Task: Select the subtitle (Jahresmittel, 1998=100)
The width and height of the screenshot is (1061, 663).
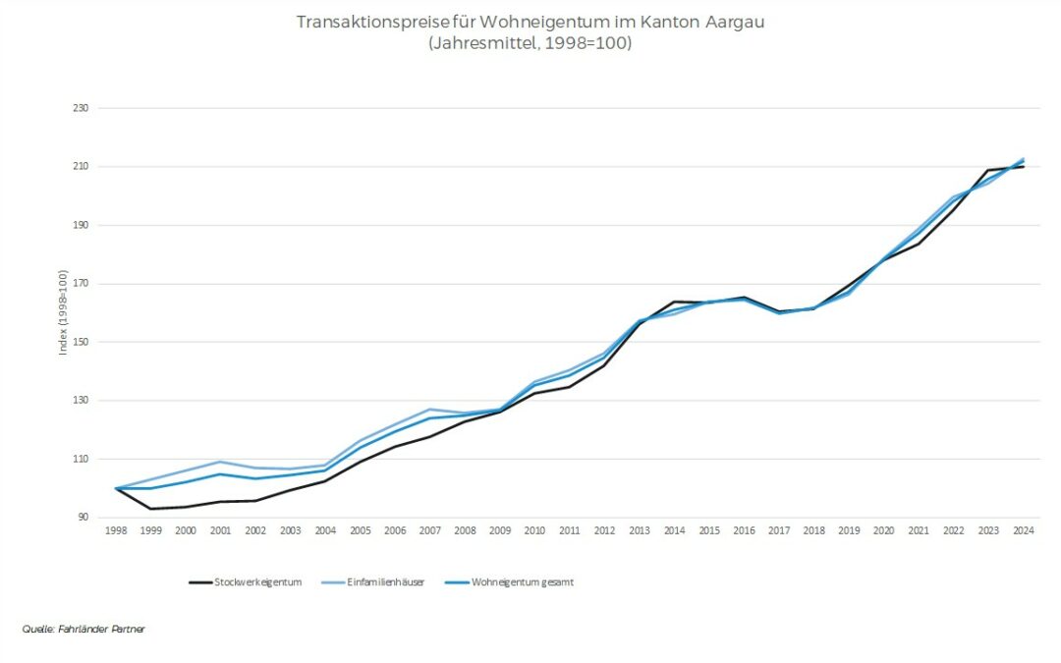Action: (x=530, y=44)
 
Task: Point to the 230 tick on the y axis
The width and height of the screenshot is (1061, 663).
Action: (x=81, y=108)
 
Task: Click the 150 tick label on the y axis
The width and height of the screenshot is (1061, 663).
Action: (x=81, y=342)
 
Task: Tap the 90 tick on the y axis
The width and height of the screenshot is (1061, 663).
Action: (x=83, y=518)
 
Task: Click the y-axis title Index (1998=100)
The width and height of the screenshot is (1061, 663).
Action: (x=63, y=312)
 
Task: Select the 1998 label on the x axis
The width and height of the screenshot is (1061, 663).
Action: (x=117, y=530)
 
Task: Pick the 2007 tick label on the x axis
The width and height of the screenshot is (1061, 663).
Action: (x=429, y=530)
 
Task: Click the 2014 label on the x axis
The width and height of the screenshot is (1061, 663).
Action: (x=674, y=530)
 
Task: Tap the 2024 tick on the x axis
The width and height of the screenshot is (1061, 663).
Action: (x=1023, y=530)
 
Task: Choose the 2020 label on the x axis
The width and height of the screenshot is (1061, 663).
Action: (x=883, y=530)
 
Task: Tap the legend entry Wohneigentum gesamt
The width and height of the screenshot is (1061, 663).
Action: (x=522, y=582)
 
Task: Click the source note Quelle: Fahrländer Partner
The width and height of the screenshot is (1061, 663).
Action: (x=84, y=629)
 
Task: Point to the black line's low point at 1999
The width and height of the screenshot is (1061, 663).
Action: (x=151, y=509)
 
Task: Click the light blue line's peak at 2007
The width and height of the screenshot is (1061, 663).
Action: (x=430, y=409)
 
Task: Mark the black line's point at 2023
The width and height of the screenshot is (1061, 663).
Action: (x=987, y=170)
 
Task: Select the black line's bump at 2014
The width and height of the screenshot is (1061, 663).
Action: (x=674, y=302)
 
